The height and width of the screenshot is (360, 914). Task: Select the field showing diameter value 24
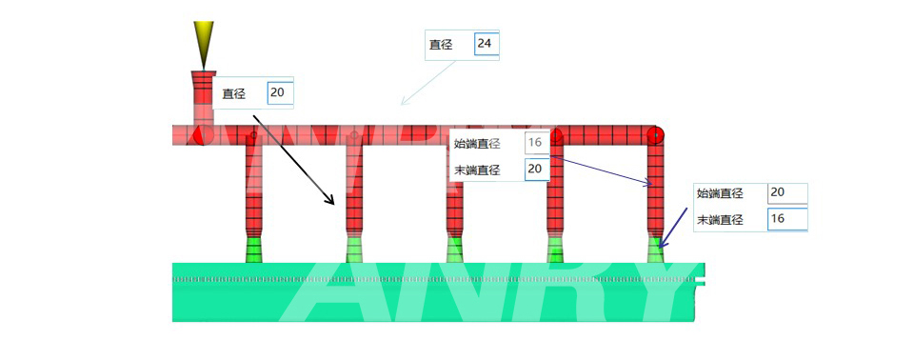coord(487,44)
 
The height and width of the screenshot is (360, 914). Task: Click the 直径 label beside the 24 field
coord(441,44)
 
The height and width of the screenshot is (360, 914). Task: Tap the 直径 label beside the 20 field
coord(234,93)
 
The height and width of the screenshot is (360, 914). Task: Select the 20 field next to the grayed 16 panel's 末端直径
coord(537,169)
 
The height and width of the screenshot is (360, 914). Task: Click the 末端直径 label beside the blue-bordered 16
coord(720,219)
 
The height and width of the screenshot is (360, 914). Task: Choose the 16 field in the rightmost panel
coord(786,219)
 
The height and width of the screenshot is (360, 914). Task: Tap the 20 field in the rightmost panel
coord(786,193)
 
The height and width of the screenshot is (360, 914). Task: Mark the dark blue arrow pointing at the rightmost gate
coord(676,229)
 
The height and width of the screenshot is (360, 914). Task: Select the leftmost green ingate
coord(254,250)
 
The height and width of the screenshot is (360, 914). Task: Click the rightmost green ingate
coord(656,250)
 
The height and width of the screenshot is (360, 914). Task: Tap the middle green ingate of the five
coord(455,250)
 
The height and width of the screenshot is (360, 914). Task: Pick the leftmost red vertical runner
coord(253,190)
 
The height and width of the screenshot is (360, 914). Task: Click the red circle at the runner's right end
coord(656,135)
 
